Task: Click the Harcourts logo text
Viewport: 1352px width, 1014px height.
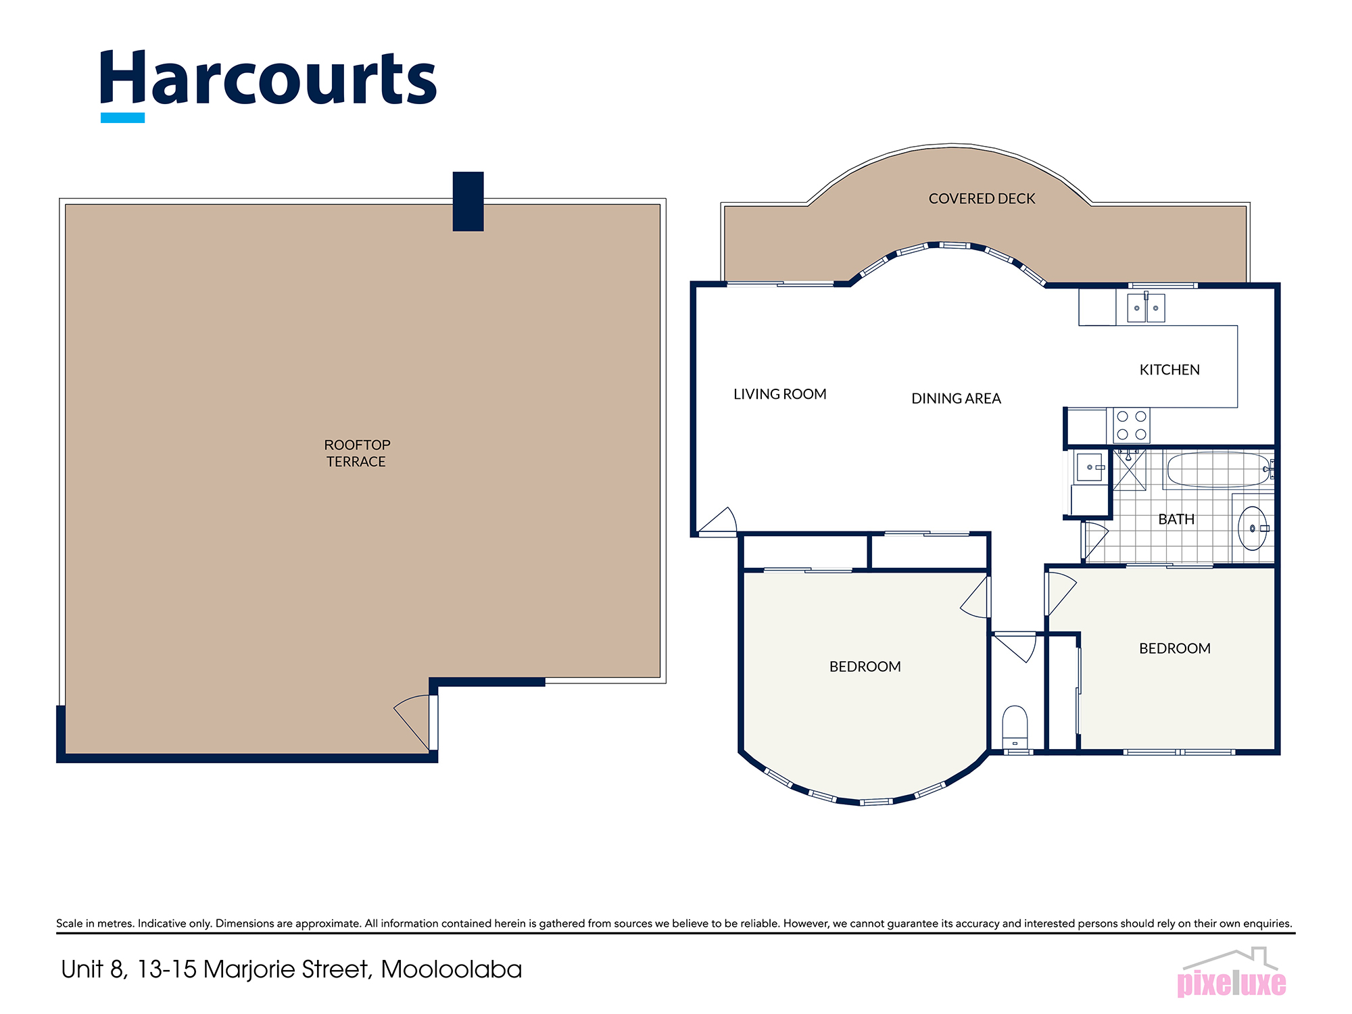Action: pos(268,79)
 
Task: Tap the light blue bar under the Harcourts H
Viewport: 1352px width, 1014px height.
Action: pos(122,118)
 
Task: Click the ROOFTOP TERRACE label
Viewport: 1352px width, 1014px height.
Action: pos(357,453)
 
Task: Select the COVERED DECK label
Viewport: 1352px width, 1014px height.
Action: pos(982,199)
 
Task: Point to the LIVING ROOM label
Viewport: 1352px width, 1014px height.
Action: pos(779,394)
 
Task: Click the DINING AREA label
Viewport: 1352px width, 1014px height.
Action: pos(956,399)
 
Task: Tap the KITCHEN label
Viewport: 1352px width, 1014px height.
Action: pos(1169,370)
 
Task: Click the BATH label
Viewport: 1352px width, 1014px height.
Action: pos(1176,519)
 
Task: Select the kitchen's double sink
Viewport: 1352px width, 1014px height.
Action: pos(1146,308)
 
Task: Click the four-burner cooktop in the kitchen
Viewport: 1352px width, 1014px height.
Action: pos(1132,425)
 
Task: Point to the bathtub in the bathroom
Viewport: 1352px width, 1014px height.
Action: pos(1218,469)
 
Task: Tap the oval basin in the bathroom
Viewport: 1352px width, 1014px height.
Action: pos(1252,528)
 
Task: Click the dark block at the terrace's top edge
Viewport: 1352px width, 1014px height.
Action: pos(468,201)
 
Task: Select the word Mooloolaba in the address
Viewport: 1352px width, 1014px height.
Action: pos(451,969)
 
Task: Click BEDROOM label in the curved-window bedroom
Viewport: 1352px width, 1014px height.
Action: pos(865,667)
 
